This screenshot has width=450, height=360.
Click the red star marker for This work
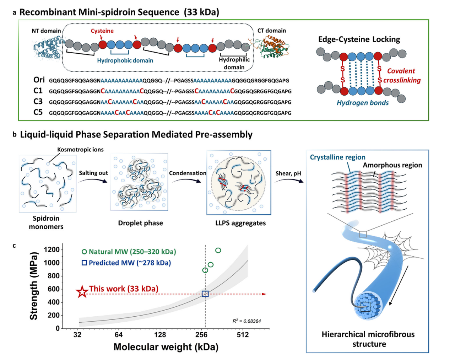82,292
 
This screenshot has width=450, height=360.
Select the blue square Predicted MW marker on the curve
205,294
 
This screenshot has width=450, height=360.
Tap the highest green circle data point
218,251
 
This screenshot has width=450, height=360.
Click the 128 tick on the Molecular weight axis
160,335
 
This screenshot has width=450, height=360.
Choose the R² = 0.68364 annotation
246,321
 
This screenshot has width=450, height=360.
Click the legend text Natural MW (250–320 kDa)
132,252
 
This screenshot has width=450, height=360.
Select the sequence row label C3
38,102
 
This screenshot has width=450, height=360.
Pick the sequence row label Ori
39,80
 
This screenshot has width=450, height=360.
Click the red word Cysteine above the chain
102,31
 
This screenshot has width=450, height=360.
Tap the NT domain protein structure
47,48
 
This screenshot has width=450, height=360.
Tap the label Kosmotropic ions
81,150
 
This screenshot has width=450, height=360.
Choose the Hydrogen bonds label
363,103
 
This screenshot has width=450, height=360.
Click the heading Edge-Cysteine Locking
359,39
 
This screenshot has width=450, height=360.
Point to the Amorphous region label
392,165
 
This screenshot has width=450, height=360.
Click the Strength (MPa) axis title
34,286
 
